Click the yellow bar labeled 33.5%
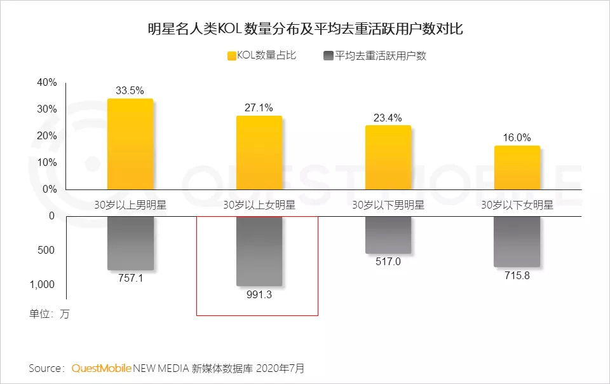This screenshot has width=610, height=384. (130, 144)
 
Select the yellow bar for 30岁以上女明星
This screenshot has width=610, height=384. (259, 153)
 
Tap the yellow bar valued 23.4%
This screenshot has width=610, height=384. (388, 158)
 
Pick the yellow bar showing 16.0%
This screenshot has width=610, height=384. (517, 168)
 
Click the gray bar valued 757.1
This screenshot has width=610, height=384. (130, 243)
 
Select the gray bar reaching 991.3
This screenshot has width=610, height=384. (259, 250)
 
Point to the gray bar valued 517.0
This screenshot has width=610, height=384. (388, 235)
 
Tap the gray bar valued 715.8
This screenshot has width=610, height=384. (517, 242)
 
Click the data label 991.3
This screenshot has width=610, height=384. (259, 295)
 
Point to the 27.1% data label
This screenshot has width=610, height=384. (259, 107)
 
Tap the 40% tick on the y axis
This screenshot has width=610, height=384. (47, 83)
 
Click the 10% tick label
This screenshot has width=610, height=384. (47, 163)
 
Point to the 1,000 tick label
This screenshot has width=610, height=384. (43, 285)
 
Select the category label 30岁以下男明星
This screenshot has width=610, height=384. (388, 205)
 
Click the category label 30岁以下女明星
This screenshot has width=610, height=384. (517, 205)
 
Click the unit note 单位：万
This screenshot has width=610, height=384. (49, 314)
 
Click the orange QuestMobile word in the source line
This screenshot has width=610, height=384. (101, 368)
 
